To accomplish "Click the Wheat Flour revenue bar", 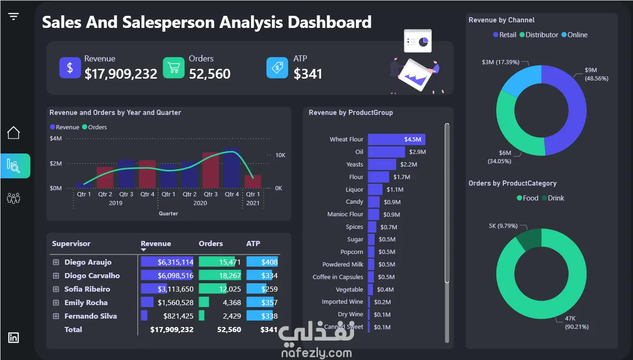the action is click(x=396, y=139).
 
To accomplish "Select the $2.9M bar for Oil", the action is click(x=386, y=152).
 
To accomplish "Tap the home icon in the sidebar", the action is click(x=13, y=133).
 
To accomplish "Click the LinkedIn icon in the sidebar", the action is click(x=13, y=337).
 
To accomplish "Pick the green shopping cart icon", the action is click(x=173, y=67).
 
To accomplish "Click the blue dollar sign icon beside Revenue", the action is click(x=70, y=67).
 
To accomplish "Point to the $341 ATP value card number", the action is click(x=308, y=74).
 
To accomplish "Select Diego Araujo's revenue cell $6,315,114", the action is click(x=167, y=262).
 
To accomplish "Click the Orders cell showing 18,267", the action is click(x=220, y=275).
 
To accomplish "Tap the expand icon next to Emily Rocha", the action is click(x=56, y=303).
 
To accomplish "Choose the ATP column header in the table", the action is click(x=253, y=243).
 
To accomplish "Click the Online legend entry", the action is click(x=574, y=35).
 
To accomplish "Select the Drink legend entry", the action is click(x=553, y=198).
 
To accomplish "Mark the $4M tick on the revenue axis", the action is click(x=56, y=138).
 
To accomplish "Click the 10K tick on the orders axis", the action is click(x=280, y=155).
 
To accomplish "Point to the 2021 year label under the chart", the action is click(x=253, y=203).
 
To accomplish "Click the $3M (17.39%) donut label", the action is click(x=501, y=62).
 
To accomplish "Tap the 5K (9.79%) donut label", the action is click(x=503, y=226).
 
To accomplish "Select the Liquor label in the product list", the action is click(x=354, y=189).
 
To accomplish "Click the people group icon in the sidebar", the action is click(x=13, y=198).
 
